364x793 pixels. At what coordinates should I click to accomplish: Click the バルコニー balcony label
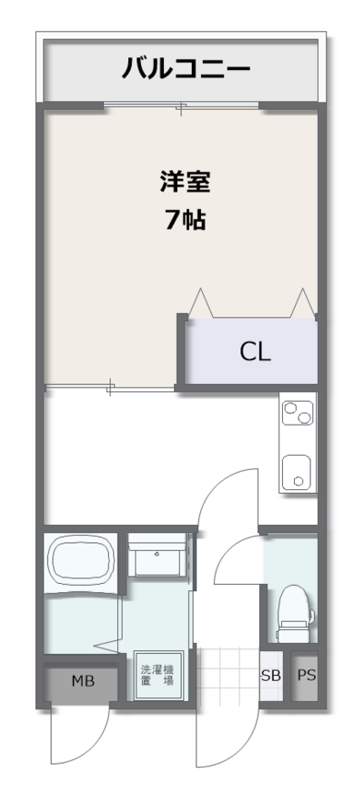pos(186,68)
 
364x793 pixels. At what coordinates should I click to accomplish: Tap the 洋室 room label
pos(186,182)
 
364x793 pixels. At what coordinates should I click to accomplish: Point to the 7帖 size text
pos(186,219)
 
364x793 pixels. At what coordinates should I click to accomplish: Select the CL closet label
pos(255,353)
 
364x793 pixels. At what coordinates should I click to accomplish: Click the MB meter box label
pos(83,681)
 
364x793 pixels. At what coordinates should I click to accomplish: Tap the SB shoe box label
pos(271,677)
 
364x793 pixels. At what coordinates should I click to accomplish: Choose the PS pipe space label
pos(307,676)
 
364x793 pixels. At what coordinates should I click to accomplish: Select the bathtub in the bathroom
pos(81,562)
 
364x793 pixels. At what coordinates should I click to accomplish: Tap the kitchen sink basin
pos(297,472)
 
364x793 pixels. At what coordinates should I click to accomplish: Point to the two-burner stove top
pos(298,413)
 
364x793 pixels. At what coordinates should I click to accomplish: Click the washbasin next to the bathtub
pos(156,556)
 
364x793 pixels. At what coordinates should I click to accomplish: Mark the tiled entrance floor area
pos(227,674)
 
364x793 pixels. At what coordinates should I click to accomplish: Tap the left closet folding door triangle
pos(201,303)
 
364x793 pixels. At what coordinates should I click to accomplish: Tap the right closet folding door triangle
pos(303,303)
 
